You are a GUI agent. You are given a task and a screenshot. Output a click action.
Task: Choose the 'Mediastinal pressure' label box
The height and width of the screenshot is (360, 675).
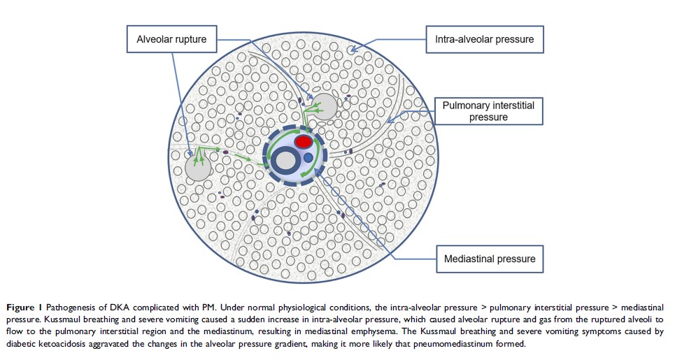click(490, 259)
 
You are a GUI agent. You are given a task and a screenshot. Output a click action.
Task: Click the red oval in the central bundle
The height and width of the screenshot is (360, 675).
click(304, 143)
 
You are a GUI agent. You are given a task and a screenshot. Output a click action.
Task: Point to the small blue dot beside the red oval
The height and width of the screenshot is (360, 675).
click(308, 159)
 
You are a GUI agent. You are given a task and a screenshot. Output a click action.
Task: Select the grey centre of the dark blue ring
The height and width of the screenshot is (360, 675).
click(285, 161)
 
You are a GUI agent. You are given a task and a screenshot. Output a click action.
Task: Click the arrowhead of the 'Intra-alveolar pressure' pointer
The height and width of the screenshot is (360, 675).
click(352, 50)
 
